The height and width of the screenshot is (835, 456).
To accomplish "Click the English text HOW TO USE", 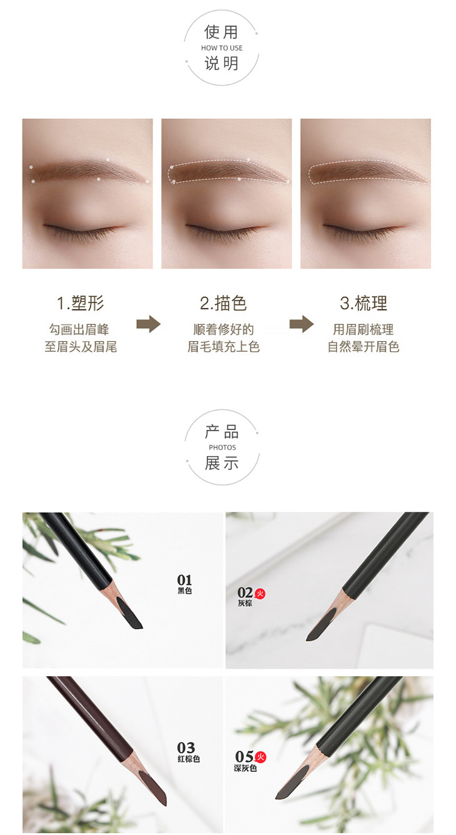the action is (x=222, y=48).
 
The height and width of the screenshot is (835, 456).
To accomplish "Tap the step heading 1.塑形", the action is (x=81, y=303).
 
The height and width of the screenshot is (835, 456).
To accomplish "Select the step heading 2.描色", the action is (x=223, y=303).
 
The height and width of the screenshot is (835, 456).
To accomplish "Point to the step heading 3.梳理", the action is (x=364, y=303).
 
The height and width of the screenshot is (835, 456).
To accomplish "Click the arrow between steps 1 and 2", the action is (x=148, y=324).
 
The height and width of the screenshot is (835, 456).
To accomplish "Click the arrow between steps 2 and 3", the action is (x=301, y=324).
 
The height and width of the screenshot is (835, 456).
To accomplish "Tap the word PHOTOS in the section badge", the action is (x=222, y=447).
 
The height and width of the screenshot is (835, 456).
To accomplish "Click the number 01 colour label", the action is (x=184, y=580).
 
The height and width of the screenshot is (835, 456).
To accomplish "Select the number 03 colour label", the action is (x=186, y=747).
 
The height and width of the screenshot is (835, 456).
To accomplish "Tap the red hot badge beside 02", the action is (x=260, y=593).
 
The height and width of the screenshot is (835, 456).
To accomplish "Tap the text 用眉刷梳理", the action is (x=363, y=329).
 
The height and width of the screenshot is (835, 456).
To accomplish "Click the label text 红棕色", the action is (x=189, y=759).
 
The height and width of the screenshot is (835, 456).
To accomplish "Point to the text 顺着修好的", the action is (x=223, y=329).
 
